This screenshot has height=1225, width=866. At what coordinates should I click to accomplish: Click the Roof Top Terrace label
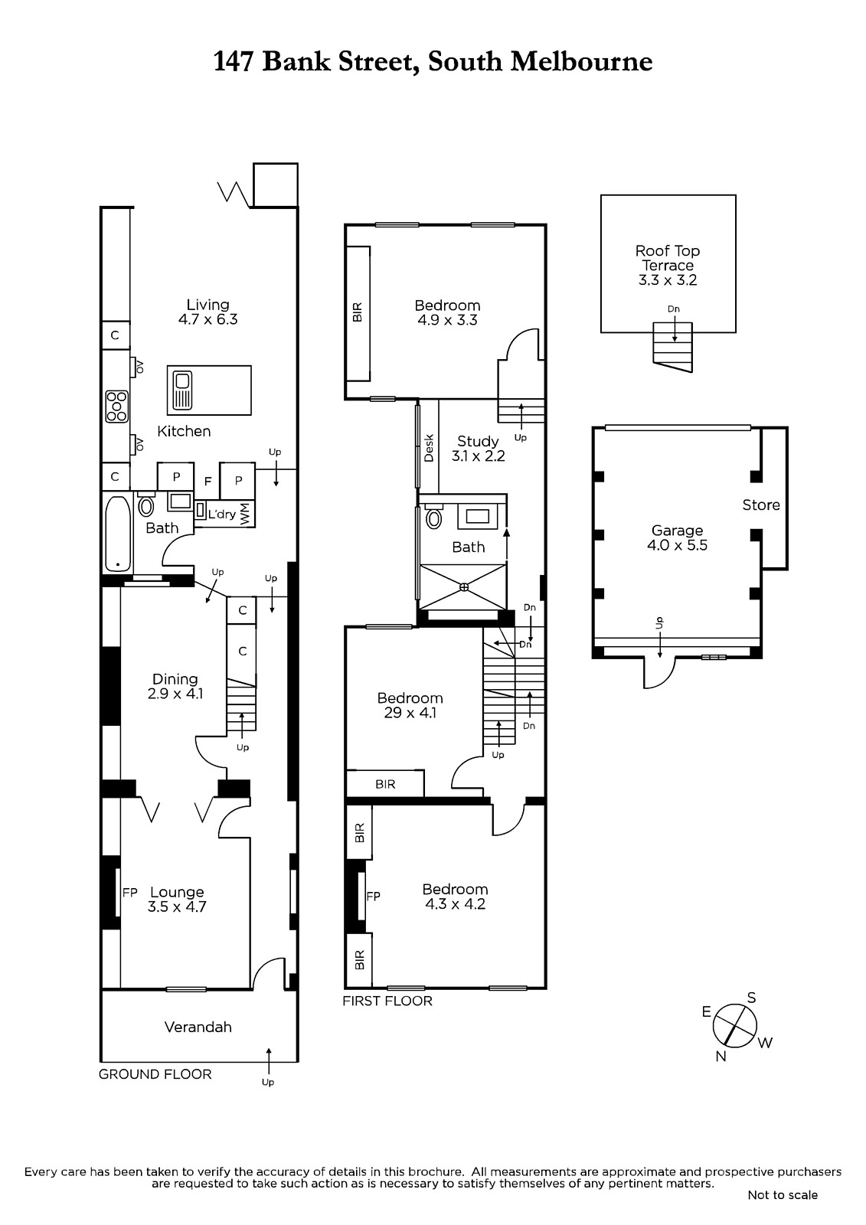click(668, 265)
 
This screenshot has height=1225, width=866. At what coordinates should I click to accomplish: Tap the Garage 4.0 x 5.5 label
click(678, 537)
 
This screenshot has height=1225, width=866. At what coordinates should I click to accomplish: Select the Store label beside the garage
click(761, 505)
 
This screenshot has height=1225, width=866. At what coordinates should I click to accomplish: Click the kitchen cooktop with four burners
click(116, 407)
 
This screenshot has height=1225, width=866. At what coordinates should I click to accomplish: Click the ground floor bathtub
click(118, 533)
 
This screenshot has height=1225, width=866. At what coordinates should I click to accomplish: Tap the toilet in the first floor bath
click(434, 518)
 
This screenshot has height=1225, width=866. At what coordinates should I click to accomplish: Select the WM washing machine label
click(245, 514)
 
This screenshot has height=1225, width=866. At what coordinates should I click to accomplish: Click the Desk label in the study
click(429, 448)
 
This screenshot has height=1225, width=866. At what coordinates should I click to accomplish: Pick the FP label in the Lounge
click(129, 893)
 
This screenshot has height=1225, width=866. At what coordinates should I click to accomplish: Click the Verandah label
click(198, 1027)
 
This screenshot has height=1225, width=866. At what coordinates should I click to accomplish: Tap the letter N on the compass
click(721, 1056)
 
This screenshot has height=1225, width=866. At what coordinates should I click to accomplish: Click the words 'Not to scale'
click(783, 1195)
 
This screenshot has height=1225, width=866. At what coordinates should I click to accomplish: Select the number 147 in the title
click(234, 61)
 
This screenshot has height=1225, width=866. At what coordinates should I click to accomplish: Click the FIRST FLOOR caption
click(387, 1001)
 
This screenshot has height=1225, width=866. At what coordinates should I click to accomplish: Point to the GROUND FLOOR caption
click(155, 1074)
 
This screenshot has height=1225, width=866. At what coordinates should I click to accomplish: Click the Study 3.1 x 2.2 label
click(478, 449)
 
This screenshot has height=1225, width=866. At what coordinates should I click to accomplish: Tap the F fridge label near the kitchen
click(208, 482)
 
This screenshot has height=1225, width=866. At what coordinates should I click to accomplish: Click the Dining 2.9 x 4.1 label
click(175, 686)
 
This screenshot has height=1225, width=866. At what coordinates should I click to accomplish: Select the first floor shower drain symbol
click(464, 587)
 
